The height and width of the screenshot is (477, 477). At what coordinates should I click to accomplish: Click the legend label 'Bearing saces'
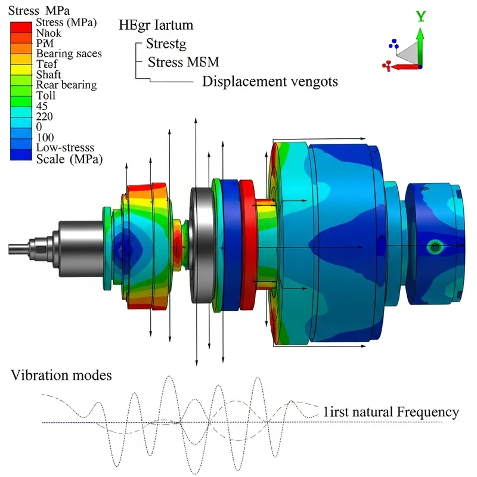(x=69, y=54)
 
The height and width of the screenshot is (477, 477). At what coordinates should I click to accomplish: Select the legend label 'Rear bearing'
(x=66, y=85)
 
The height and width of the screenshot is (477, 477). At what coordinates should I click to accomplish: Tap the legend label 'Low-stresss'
(x=65, y=147)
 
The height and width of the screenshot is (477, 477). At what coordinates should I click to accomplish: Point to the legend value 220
(x=45, y=116)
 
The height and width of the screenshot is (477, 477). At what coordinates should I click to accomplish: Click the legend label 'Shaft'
(x=48, y=75)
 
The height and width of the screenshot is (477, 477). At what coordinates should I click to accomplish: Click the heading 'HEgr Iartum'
(x=156, y=25)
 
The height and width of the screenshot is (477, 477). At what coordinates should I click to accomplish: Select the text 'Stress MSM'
(x=183, y=63)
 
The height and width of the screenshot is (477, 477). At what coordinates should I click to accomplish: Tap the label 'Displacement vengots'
(x=270, y=81)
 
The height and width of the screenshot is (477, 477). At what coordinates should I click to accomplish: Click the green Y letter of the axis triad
(x=421, y=16)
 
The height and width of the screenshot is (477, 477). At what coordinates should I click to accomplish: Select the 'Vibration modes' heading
(x=61, y=376)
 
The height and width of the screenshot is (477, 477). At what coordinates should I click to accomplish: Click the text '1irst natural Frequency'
(x=391, y=412)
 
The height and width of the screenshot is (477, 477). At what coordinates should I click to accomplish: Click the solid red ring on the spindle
(x=247, y=246)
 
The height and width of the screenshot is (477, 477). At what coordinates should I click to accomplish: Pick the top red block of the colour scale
(x=21, y=26)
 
